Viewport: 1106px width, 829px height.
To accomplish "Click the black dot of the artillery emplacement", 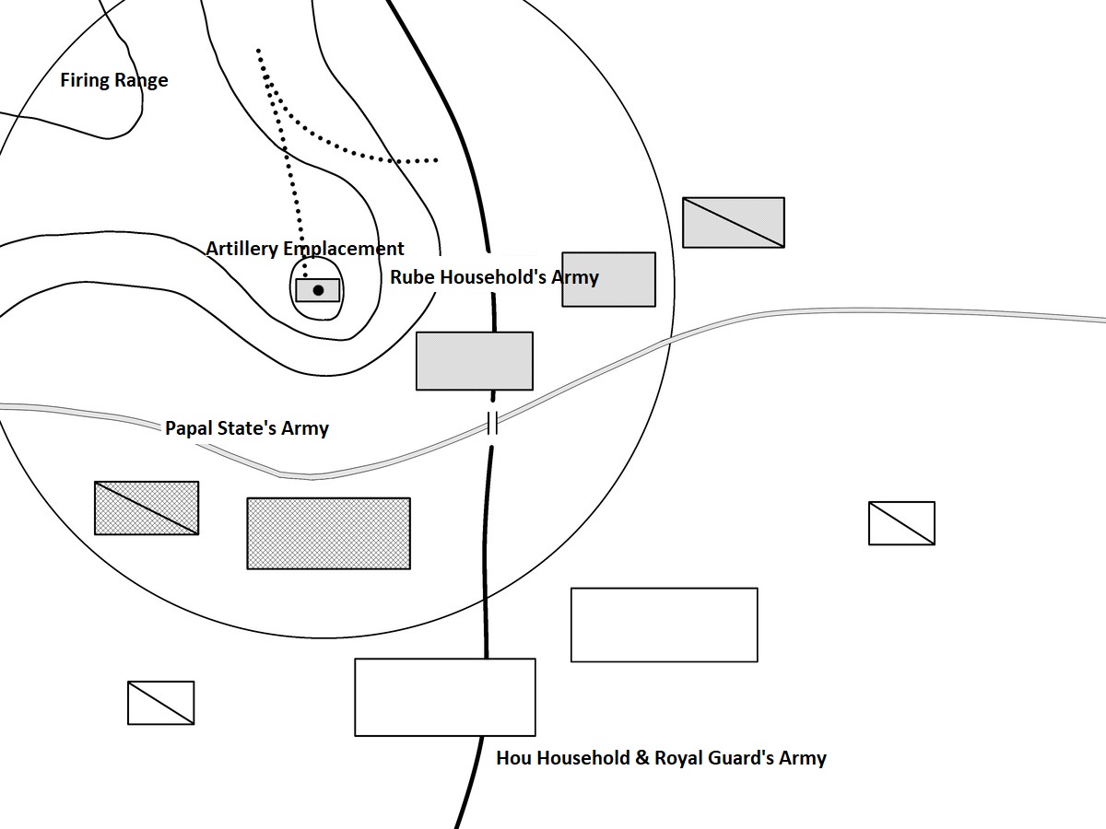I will [319, 290].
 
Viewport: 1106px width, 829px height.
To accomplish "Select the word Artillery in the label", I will [241, 249].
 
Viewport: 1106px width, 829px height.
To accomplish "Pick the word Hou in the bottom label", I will [513, 758].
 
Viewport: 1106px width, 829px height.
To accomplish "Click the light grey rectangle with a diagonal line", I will [734, 222].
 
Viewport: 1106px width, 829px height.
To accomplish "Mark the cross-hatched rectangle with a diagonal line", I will [147, 508].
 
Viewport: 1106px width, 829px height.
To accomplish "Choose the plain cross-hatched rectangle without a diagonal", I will [328, 533].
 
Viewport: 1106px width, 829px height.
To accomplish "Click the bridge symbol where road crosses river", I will [492, 424].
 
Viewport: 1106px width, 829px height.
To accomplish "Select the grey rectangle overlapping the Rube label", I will [608, 279].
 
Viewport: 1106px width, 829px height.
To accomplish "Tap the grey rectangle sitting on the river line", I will [475, 361].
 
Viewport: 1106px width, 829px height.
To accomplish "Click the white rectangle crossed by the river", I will [445, 697].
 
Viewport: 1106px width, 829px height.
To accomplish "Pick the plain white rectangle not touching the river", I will [664, 625].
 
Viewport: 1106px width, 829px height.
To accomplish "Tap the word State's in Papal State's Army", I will [250, 428].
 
